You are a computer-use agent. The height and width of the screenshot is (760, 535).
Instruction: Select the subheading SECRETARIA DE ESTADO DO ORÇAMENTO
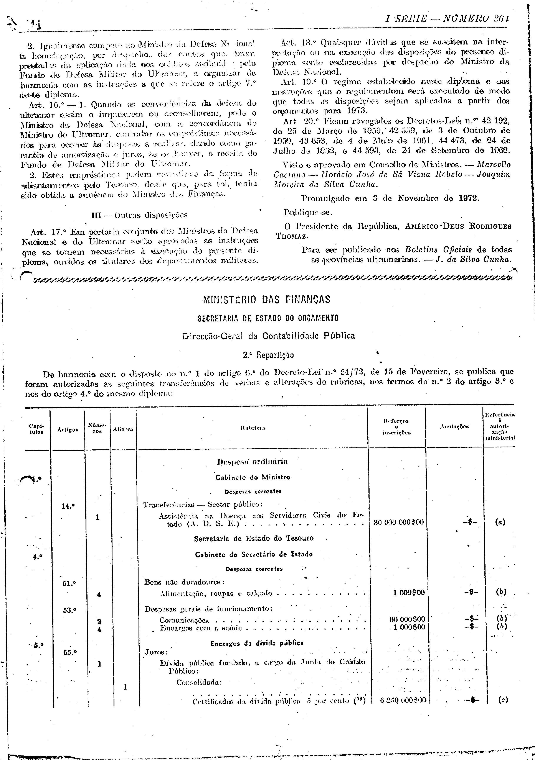tap(268, 318)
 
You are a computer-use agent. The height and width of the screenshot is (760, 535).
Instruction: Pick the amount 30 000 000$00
tap(398, 522)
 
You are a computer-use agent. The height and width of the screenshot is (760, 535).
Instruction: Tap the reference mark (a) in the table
tap(500, 522)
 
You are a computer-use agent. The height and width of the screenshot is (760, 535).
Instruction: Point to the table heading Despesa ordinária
tap(252, 461)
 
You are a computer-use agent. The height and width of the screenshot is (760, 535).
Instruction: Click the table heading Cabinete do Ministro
tap(253, 477)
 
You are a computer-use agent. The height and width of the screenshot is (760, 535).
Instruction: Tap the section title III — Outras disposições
tap(139, 215)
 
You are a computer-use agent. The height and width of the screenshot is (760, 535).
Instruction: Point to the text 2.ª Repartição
tap(268, 355)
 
